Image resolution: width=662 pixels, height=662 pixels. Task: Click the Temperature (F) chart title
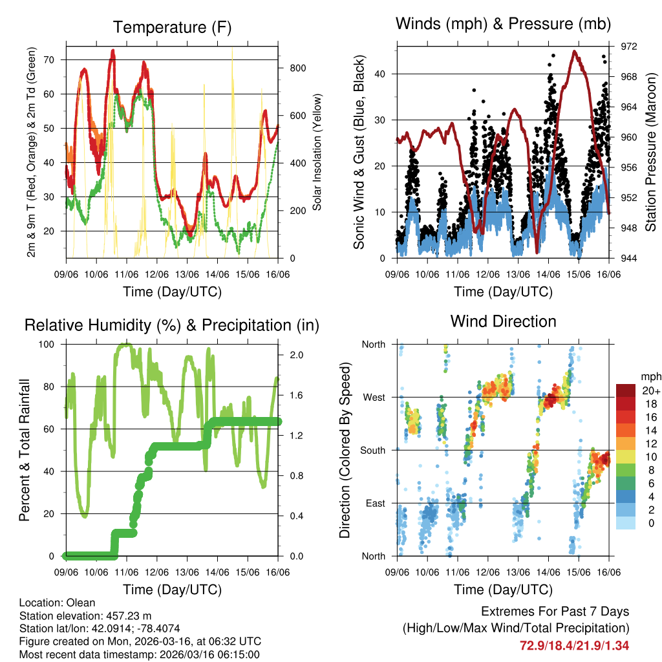click(x=172, y=27)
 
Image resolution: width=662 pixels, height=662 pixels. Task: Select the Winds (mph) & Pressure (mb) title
click(x=504, y=25)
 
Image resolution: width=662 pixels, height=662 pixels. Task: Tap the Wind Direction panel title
click(x=503, y=321)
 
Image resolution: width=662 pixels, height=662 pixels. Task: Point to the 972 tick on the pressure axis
click(x=629, y=47)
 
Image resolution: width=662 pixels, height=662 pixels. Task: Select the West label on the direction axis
click(x=373, y=397)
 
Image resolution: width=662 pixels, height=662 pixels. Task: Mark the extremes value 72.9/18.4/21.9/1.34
click(x=574, y=645)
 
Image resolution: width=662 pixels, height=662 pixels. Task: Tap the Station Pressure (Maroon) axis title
click(x=651, y=153)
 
